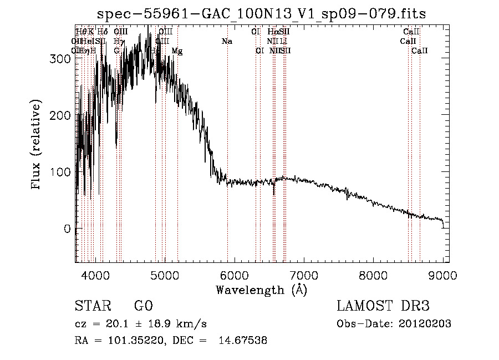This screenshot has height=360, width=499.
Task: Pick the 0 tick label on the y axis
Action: click(68, 229)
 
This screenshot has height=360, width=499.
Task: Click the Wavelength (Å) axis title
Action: click(261, 290)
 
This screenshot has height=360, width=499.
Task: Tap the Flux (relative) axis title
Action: click(37, 145)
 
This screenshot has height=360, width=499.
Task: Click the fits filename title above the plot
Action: click(261, 14)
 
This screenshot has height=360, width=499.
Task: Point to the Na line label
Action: click(227, 41)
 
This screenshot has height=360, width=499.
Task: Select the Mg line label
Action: click(177, 51)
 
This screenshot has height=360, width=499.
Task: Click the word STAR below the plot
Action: click(92, 306)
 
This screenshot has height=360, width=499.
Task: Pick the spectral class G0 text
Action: click(143, 306)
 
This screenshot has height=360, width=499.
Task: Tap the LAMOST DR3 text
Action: click(383, 306)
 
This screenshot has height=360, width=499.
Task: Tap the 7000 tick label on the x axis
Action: click(303, 276)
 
